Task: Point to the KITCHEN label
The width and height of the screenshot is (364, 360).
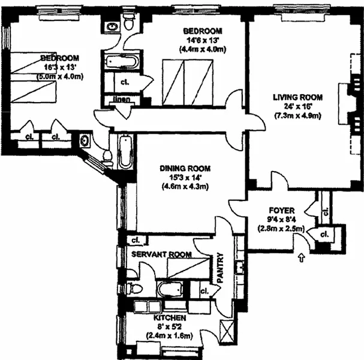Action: click(170, 317)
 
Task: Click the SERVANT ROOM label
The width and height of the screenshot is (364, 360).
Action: click(162, 255)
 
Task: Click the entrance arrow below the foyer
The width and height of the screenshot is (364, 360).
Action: click(300, 258)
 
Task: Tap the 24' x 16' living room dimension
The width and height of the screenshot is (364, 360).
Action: click(297, 106)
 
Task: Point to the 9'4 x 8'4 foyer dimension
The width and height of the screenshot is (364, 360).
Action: click(281, 219)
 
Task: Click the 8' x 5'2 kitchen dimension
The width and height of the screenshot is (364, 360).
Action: click(170, 327)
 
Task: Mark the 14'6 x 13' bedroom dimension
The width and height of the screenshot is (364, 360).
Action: click(203, 40)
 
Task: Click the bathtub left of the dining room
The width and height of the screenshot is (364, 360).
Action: click(125, 152)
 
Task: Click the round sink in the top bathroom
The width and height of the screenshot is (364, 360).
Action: click(112, 26)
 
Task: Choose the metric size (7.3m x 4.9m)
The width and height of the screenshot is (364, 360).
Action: click(297, 115)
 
